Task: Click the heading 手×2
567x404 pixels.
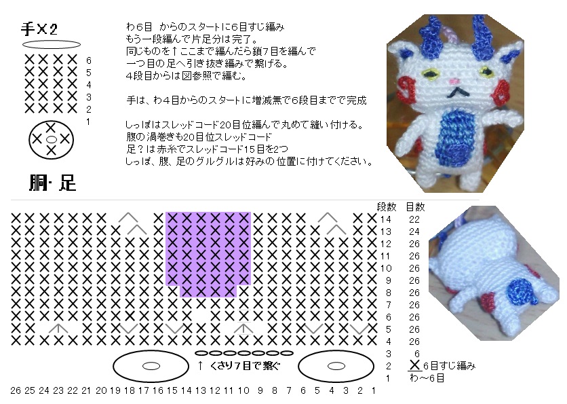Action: pyautogui.click(x=39, y=29)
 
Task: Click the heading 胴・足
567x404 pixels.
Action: pyautogui.click(x=52, y=183)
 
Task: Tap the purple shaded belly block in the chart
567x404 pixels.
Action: pyautogui.click(x=208, y=253)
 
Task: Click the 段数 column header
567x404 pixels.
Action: pyautogui.click(x=387, y=207)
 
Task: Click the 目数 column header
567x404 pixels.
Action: pyautogui.click(x=415, y=207)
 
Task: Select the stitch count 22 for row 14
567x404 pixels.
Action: pyautogui.click(x=414, y=219)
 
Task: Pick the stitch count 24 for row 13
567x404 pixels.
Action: pyautogui.click(x=414, y=232)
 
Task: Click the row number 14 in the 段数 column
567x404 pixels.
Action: pyautogui.click(x=386, y=219)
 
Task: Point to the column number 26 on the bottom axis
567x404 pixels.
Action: pyautogui.click(x=16, y=390)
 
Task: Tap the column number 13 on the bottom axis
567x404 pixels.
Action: pyautogui.click(x=200, y=390)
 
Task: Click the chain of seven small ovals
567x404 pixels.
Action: pyautogui.click(x=243, y=353)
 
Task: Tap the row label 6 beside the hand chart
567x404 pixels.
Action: pyautogui.click(x=89, y=60)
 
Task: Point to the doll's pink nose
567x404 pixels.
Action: pyautogui.click(x=455, y=81)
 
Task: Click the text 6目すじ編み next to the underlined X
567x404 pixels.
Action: pyautogui.click(x=449, y=366)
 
